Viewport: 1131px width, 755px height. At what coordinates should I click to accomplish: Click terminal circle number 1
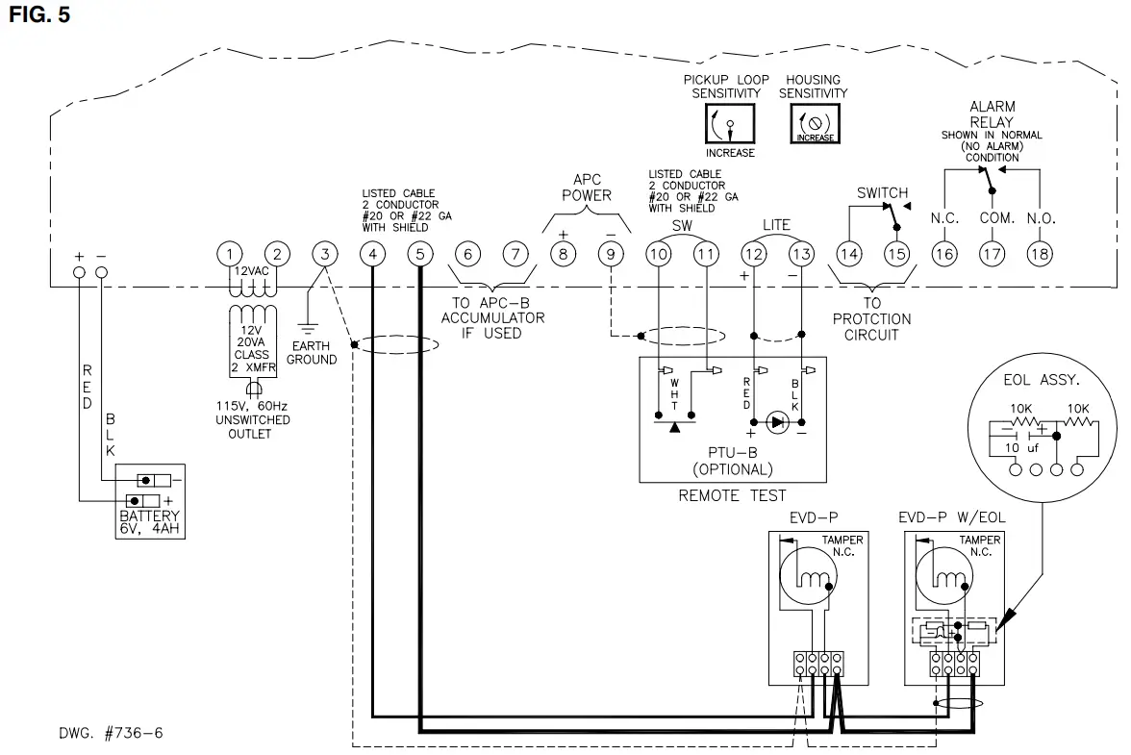click(x=229, y=254)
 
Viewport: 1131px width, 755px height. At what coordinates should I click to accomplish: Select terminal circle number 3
click(x=325, y=254)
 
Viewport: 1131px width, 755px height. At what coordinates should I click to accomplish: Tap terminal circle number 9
click(x=610, y=254)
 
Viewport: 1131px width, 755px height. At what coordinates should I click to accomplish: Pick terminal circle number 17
click(x=992, y=254)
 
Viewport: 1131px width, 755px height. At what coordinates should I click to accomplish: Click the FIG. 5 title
click(x=38, y=15)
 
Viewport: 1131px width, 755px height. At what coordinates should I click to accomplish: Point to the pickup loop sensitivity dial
click(x=729, y=124)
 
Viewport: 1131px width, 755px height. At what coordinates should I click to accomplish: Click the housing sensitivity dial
click(x=813, y=124)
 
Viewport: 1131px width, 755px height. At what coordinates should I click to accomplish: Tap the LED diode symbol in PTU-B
click(x=778, y=420)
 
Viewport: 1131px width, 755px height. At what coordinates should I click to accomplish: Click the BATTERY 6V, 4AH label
click(x=149, y=521)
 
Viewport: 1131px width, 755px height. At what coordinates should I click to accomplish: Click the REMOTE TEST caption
click(x=732, y=495)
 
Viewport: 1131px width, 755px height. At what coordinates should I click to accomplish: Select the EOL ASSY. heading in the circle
click(x=1034, y=381)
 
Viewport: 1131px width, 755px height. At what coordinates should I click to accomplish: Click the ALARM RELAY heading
click(x=992, y=114)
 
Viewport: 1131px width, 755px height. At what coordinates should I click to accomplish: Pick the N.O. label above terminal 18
click(x=1041, y=218)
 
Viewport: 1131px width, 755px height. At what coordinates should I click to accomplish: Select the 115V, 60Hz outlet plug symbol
click(x=255, y=390)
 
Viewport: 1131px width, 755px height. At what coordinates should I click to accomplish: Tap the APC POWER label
click(x=586, y=188)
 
